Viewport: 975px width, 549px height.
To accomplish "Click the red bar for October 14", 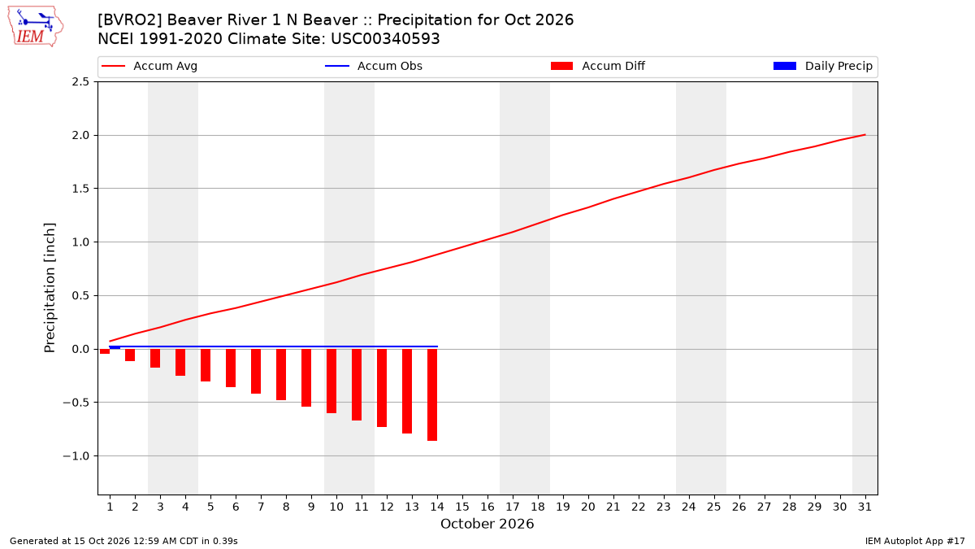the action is coord(431,394).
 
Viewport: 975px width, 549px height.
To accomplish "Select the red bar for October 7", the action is coord(256,371).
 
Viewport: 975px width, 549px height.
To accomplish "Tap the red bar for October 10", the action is coord(331,381).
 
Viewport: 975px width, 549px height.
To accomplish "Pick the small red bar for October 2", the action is coord(130,355).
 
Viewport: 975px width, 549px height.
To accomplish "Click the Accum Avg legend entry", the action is coord(149,66).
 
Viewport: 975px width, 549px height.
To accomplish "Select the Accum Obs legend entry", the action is coord(374,66).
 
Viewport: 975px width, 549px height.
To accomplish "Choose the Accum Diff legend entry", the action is coord(598,66).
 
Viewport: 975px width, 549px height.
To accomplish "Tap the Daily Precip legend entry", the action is coord(822,66).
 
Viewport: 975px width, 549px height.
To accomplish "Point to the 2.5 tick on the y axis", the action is coord(80,82).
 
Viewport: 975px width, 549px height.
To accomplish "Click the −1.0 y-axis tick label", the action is coord(76,456).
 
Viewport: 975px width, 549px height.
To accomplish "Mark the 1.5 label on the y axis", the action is coord(80,189).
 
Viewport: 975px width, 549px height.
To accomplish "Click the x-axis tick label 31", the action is coord(864,507).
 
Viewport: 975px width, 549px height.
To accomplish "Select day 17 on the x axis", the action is coord(513,507).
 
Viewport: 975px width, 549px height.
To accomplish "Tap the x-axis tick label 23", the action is coord(663,507).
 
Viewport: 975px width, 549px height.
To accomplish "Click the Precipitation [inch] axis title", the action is coord(50,288).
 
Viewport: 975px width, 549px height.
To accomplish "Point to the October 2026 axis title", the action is coord(487,524).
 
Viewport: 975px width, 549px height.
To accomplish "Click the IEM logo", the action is coord(35,27).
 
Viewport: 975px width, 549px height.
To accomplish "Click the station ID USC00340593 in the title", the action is coord(385,39).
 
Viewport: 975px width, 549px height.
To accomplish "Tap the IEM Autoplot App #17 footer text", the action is coord(915,541).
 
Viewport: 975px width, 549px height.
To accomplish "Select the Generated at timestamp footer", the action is coord(123,541).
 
